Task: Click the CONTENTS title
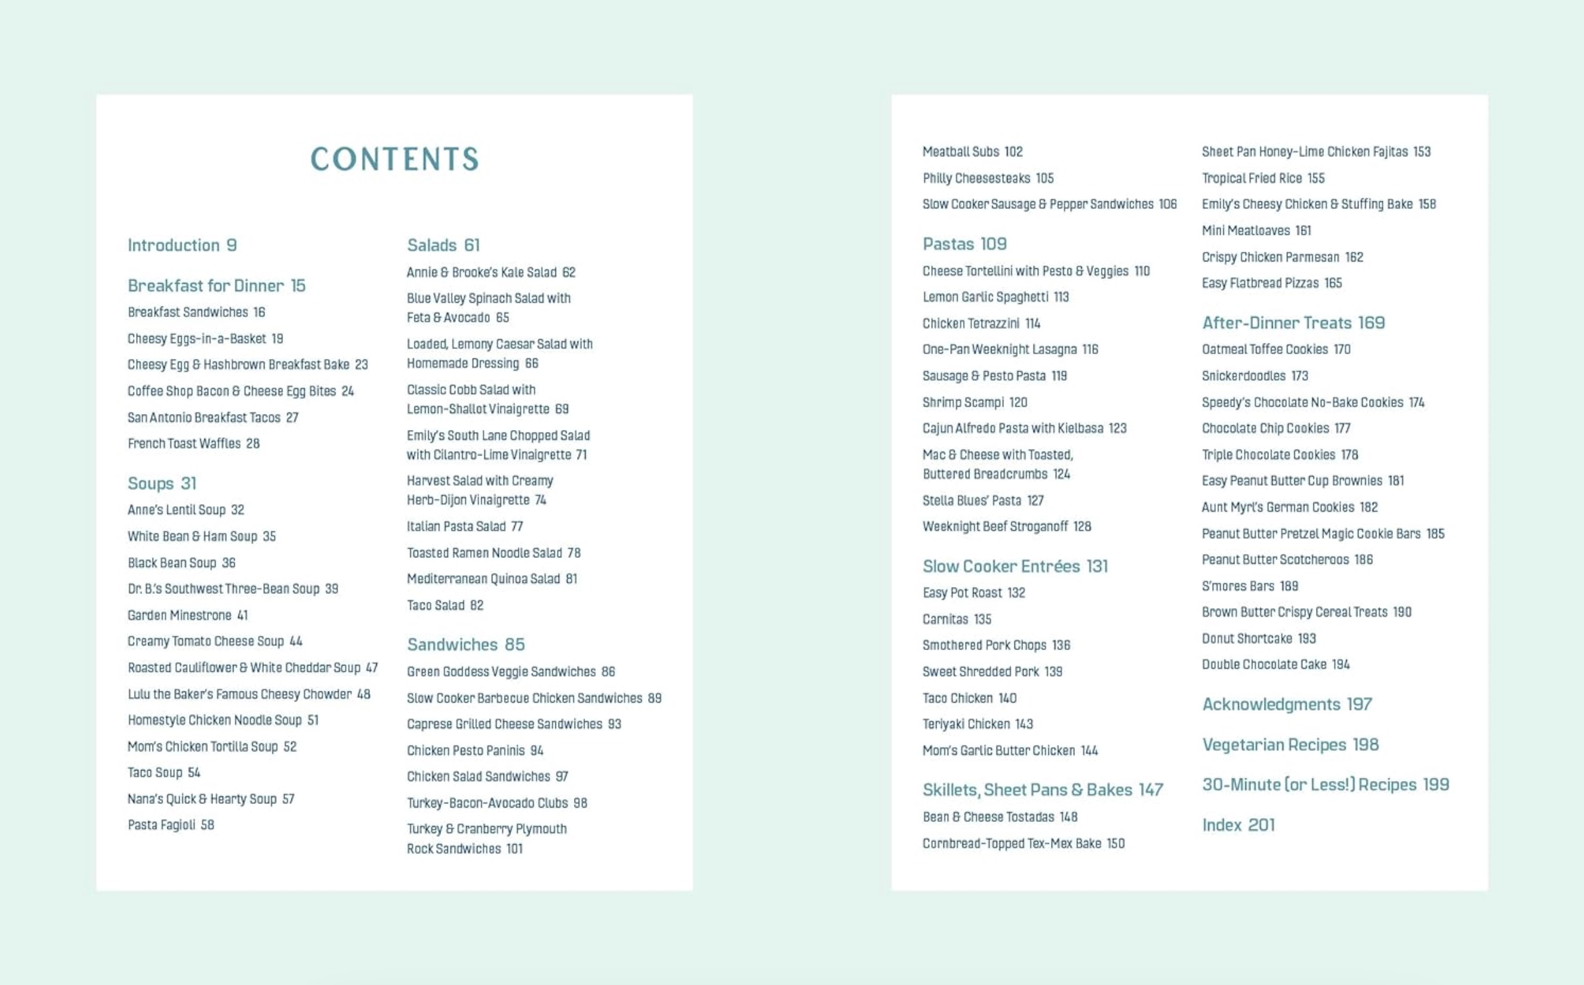(x=395, y=159)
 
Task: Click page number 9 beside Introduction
(x=231, y=245)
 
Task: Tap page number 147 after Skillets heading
(x=1151, y=790)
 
